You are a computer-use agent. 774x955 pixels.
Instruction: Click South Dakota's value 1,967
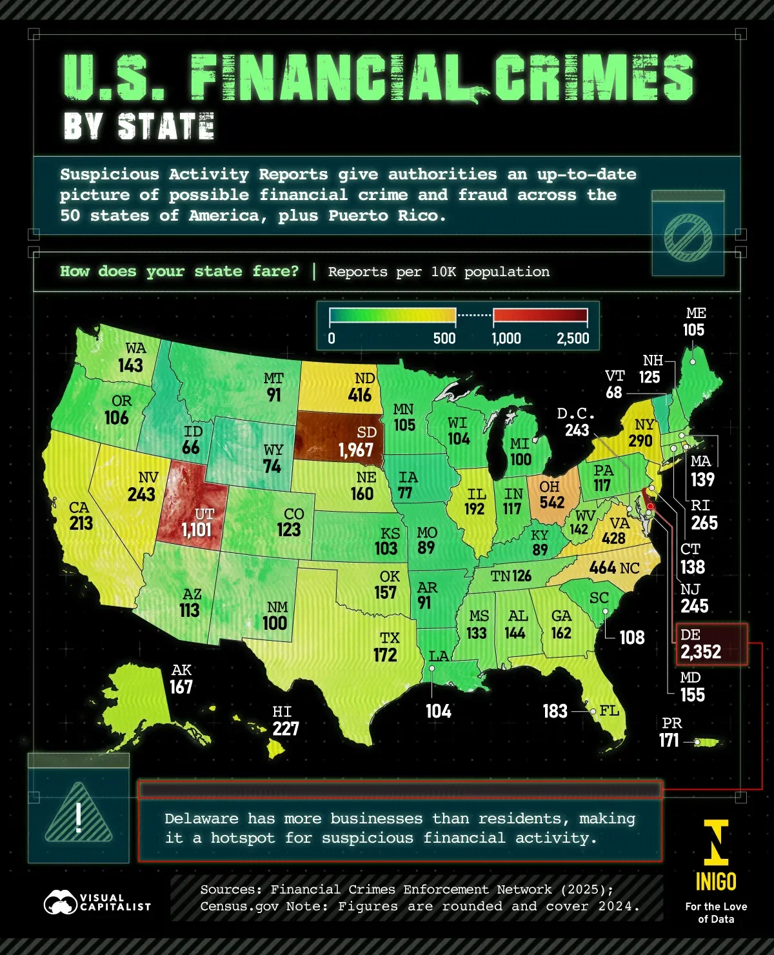pyautogui.click(x=355, y=450)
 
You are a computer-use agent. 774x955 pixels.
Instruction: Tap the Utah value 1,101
pyautogui.click(x=196, y=530)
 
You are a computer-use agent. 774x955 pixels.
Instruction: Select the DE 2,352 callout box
pyautogui.click(x=711, y=644)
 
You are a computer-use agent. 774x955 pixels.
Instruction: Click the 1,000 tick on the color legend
pyautogui.click(x=506, y=338)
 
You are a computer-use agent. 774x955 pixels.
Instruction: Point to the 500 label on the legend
pyautogui.click(x=444, y=338)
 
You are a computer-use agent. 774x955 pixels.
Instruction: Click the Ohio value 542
pyautogui.click(x=551, y=502)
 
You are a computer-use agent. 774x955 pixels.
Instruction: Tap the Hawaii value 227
pyautogui.click(x=285, y=729)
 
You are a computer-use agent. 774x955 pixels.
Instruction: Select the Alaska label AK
pyautogui.click(x=181, y=670)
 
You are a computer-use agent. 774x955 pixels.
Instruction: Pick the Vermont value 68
pyautogui.click(x=614, y=393)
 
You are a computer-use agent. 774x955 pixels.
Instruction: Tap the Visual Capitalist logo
pyautogui.click(x=97, y=902)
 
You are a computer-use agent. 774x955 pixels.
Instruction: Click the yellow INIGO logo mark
pyautogui.click(x=716, y=842)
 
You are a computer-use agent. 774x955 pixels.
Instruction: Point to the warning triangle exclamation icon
pyautogui.click(x=79, y=815)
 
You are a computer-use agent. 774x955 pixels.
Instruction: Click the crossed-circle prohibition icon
pyautogui.click(x=688, y=237)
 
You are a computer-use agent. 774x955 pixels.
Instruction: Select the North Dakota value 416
pyautogui.click(x=360, y=395)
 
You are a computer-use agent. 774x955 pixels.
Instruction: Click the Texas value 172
pyautogui.click(x=385, y=655)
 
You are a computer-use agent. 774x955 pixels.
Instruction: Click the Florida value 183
pyautogui.click(x=555, y=711)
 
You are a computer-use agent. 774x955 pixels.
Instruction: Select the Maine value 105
pyautogui.click(x=694, y=330)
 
